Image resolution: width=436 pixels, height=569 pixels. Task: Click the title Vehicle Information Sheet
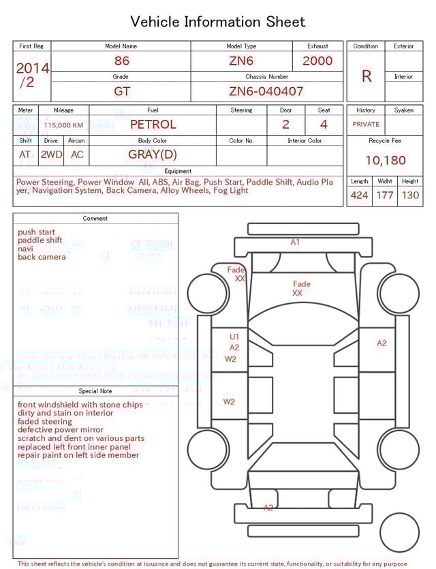tap(217, 22)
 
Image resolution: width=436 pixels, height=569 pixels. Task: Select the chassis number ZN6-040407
tap(266, 91)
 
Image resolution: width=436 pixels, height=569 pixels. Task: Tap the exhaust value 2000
tap(317, 61)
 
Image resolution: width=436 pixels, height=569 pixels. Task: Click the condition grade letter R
tap(366, 76)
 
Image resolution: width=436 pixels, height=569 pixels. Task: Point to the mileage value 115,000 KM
tap(63, 125)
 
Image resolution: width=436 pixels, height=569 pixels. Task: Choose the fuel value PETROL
tap(153, 125)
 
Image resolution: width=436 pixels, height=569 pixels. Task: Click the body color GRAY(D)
tap(153, 155)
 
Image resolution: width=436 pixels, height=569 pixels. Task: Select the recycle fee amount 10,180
tap(385, 161)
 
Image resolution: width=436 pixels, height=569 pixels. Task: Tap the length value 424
tap(359, 196)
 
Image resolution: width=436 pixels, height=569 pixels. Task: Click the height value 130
tap(410, 196)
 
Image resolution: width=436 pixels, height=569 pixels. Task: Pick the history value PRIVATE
tap(366, 125)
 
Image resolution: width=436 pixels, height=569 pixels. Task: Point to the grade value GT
tap(122, 91)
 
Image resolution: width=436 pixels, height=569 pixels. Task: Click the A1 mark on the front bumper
tap(295, 242)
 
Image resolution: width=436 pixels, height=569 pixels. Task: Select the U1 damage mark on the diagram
tap(234, 337)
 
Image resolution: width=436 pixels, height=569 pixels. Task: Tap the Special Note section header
tap(95, 391)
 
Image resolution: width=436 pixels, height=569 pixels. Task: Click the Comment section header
tap(95, 219)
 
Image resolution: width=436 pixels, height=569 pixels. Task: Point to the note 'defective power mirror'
tap(61, 430)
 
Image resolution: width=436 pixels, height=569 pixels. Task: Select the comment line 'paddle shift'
tap(40, 241)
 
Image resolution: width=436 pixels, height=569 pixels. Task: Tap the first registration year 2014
tap(32, 68)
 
